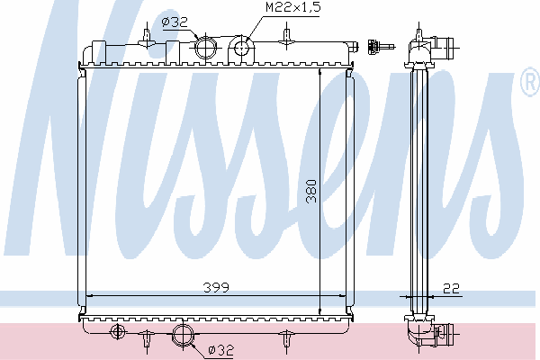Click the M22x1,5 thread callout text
[293, 7]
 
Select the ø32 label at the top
[175, 22]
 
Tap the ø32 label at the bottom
[221, 350]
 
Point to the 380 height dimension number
[311, 191]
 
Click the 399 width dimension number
[216, 287]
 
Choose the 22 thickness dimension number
[451, 288]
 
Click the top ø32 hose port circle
[206, 48]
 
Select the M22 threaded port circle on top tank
[242, 47]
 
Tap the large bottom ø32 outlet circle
[184, 334]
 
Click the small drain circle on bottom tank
[117, 331]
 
